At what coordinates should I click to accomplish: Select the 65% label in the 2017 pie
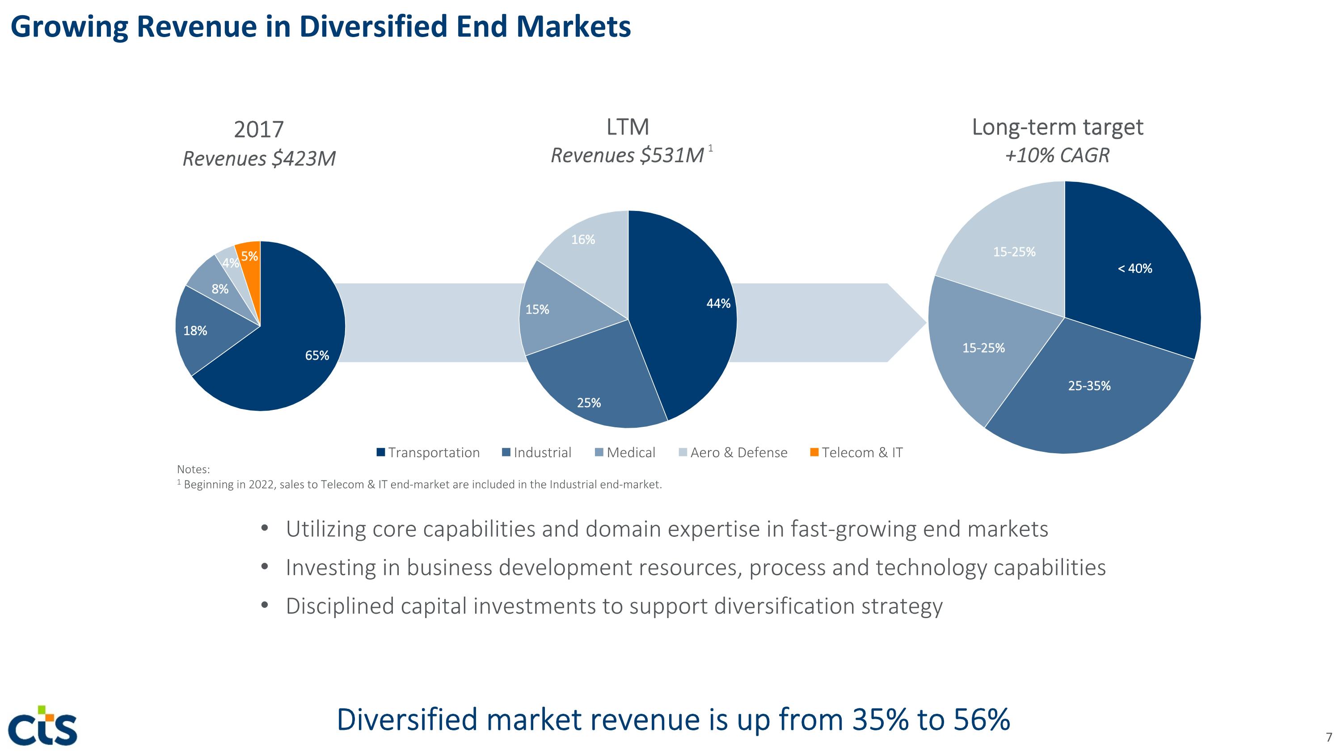[x=317, y=355]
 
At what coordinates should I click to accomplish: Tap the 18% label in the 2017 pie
[x=195, y=330]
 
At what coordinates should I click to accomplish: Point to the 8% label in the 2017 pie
[x=219, y=289]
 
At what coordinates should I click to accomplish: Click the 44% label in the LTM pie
[x=718, y=303]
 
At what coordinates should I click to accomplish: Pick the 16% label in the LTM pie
[x=583, y=240]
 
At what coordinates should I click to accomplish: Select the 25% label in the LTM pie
[x=589, y=403]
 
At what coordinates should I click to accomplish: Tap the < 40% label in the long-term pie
[x=1135, y=269]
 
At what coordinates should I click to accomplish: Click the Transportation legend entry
[x=428, y=453]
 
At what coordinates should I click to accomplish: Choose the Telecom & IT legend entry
[x=856, y=453]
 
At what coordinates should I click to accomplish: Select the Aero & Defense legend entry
[x=733, y=453]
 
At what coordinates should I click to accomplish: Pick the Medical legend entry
[x=625, y=453]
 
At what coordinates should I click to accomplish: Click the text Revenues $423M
[x=259, y=159]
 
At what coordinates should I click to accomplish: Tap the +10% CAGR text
[x=1057, y=156]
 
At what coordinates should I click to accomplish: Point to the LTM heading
[x=628, y=127]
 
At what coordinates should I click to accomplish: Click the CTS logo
[x=43, y=725]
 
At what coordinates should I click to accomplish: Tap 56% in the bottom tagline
[x=981, y=720]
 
